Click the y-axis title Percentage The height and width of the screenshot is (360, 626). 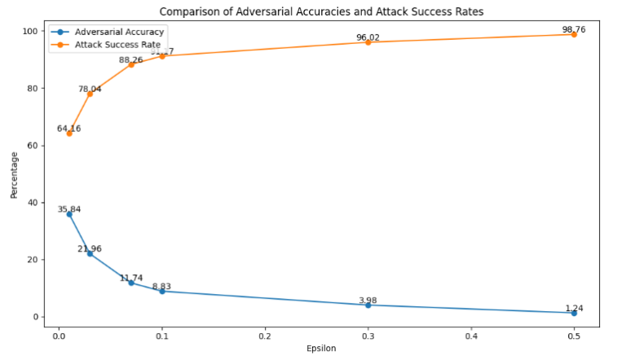tap(14, 174)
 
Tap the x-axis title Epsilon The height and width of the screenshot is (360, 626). tap(321, 348)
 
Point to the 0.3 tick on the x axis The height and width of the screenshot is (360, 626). tap(368, 334)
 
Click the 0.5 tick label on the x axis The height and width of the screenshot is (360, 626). tap(574, 334)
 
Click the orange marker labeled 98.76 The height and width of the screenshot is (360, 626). tap(574, 34)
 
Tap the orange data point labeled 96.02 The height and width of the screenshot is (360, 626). tap(368, 42)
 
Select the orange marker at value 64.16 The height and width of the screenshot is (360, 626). tap(69, 134)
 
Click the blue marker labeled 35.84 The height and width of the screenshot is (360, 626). tap(69, 214)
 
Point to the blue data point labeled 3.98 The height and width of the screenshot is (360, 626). tap(368, 305)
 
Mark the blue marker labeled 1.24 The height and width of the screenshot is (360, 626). tap(574, 313)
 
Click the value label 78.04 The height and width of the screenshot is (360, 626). tap(90, 89)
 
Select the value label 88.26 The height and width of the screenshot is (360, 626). tap(130, 59)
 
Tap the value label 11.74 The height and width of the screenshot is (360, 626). tap(130, 278)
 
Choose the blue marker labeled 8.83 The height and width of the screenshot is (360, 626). tap(162, 292)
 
